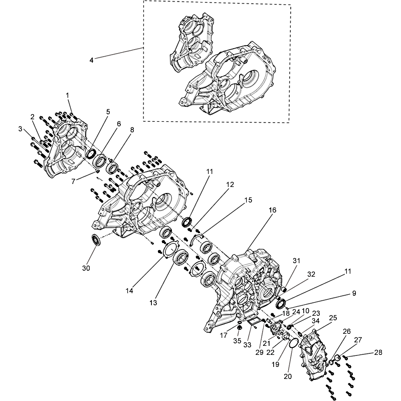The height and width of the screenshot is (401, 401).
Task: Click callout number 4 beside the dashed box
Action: click(92, 60)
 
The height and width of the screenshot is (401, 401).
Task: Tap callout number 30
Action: click(86, 268)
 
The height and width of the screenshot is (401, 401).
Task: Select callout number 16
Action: click(273, 210)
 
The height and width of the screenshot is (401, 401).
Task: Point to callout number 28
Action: click(378, 352)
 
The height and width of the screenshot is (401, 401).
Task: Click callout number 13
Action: click(153, 303)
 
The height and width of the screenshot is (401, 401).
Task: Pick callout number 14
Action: click(129, 291)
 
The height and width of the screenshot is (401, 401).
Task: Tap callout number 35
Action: click(237, 341)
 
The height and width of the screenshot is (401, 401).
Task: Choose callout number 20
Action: click(288, 376)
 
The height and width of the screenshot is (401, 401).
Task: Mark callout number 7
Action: click(73, 181)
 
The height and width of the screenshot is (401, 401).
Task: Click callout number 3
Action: click(20, 129)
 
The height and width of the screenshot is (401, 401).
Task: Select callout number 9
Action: click(354, 293)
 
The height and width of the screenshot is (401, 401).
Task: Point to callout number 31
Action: click(296, 261)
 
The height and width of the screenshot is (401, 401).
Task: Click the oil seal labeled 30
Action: click(96, 240)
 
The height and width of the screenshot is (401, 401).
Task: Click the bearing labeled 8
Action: click(111, 166)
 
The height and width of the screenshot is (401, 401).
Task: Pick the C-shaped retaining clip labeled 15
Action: click(197, 239)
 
